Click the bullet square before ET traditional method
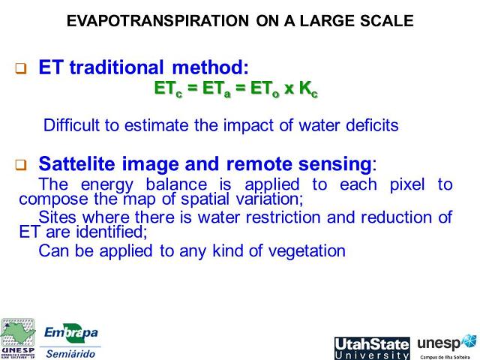[x=21, y=69]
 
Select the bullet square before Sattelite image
[x=21, y=164]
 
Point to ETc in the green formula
[x=166, y=89]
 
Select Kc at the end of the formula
[x=308, y=89]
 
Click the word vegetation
[x=307, y=250]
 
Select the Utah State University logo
[x=372, y=348]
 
